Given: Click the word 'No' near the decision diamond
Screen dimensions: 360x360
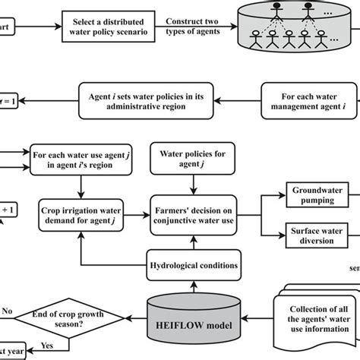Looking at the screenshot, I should tap(8, 310).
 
